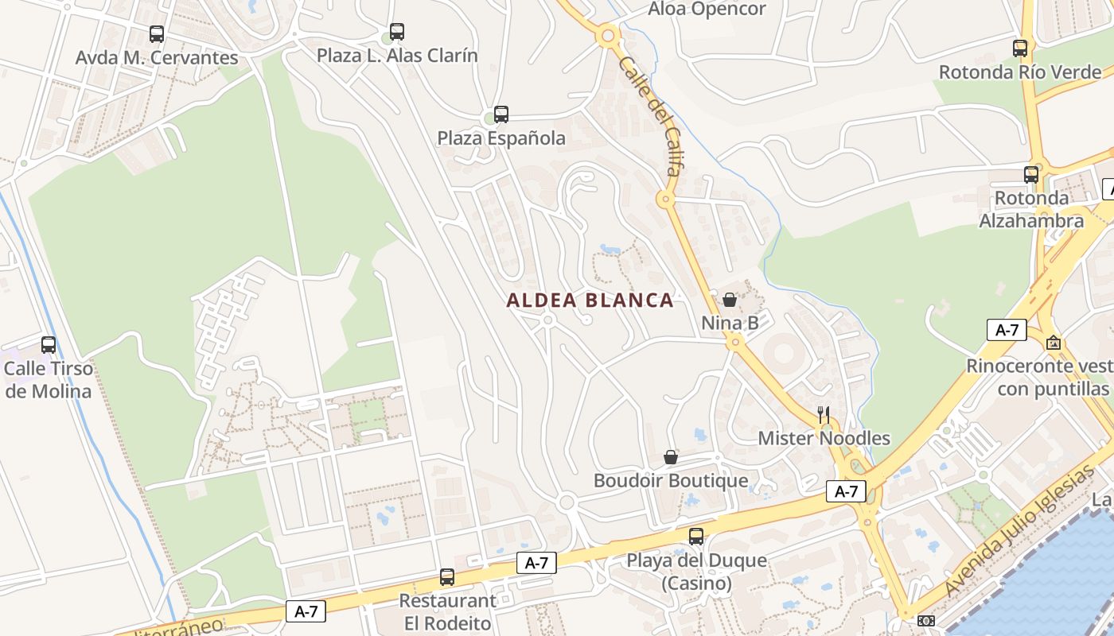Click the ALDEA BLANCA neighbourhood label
[590, 301]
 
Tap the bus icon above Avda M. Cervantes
[157, 34]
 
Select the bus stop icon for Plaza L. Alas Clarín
[397, 32]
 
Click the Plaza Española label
[501, 138]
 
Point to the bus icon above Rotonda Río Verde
[1020, 48]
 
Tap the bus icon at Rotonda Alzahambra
[1031, 174]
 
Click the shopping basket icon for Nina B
[730, 300]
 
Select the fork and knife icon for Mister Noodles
[824, 414]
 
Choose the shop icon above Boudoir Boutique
[671, 457]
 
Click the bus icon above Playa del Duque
[696, 537]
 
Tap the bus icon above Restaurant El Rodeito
[447, 577]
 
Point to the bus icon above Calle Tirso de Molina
[49, 345]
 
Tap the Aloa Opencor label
[707, 10]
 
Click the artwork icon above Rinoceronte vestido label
[1054, 343]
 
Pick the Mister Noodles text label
[824, 438]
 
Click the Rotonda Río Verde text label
[1020, 72]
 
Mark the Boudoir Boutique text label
[671, 481]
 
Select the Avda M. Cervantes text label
[157, 58]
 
